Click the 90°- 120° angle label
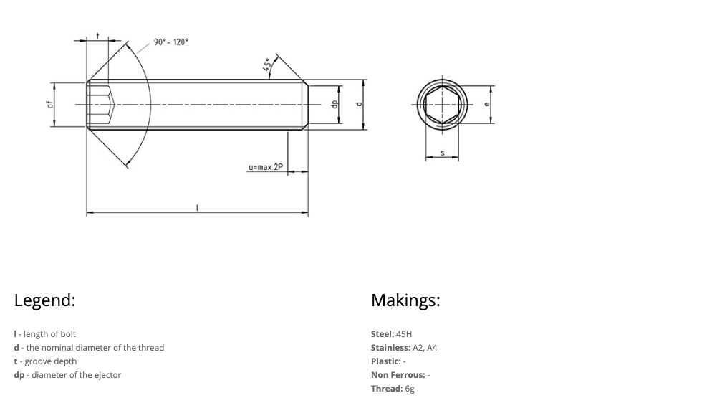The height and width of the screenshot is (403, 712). [171, 42]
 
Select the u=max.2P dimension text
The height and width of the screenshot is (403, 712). [266, 168]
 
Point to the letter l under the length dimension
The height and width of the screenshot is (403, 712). [197, 208]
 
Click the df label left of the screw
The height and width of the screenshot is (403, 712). [49, 105]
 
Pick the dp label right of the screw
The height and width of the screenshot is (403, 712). [334, 103]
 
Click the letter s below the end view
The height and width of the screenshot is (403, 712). [442, 152]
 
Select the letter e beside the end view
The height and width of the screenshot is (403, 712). [487, 105]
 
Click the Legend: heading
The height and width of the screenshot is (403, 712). [44, 300]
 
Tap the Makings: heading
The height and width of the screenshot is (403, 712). [405, 300]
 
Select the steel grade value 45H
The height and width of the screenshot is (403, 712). [404, 334]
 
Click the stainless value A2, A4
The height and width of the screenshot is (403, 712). [425, 348]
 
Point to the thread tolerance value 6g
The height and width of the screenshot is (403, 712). [410, 389]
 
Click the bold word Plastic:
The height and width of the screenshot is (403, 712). [385, 361]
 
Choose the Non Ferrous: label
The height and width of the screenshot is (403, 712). [398, 375]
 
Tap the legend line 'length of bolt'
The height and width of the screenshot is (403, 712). [49, 334]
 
